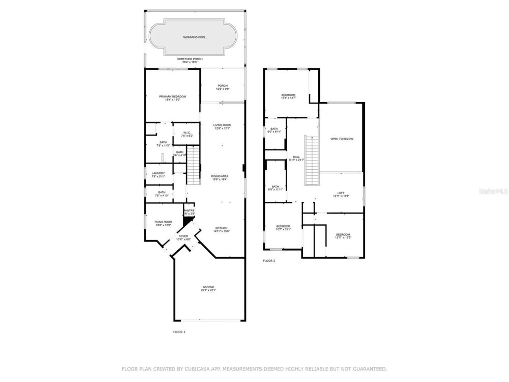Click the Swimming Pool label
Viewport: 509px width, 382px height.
tap(194, 37)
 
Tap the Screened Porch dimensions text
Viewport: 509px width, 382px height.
tap(190, 62)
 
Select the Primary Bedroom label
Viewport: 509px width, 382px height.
tap(173, 97)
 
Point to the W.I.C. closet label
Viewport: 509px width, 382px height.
tap(187, 133)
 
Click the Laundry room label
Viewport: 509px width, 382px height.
tap(158, 173)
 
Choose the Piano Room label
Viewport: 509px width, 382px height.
tap(163, 222)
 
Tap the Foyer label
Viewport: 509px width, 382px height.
tap(183, 236)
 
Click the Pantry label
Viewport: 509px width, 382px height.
tap(189, 211)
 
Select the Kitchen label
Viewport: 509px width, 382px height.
tap(221, 228)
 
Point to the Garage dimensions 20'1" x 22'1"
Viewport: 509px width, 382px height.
tap(208, 290)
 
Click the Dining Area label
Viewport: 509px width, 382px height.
tap(220, 176)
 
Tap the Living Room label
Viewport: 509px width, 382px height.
tap(222, 125)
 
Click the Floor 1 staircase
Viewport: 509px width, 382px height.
tap(193, 165)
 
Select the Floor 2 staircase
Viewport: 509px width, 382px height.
tap(312, 160)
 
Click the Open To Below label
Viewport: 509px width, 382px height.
tap(342, 139)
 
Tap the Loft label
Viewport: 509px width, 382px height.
tap(341, 193)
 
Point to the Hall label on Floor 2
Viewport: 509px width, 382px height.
tap(296, 157)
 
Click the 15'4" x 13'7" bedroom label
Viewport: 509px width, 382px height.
tap(288, 95)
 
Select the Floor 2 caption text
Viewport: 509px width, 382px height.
tap(269, 261)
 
